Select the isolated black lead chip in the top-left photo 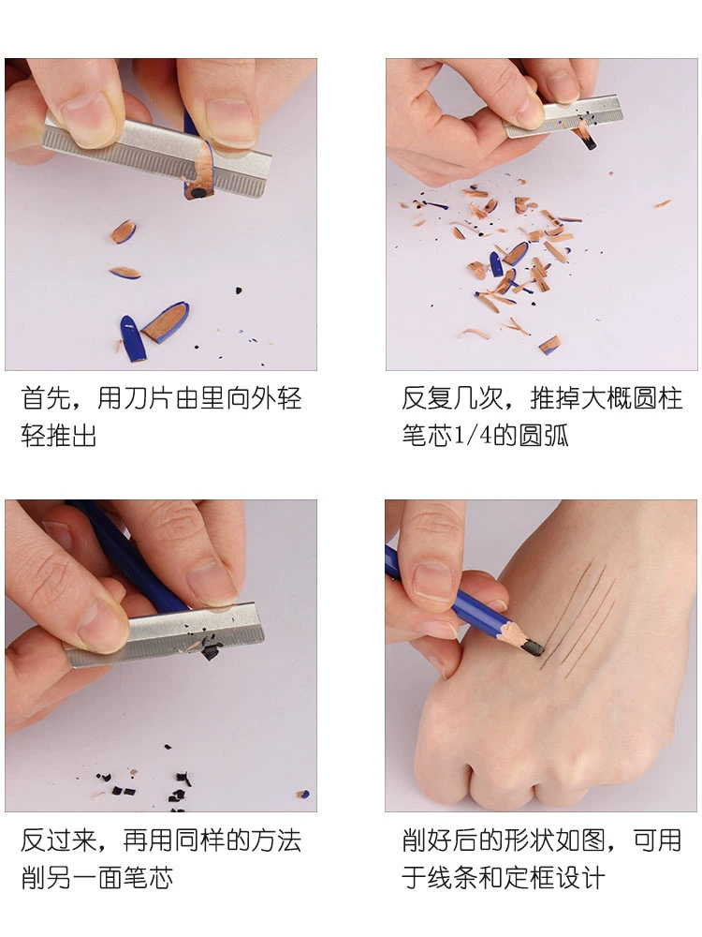tap(239, 291)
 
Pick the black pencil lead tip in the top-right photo tap(588, 141)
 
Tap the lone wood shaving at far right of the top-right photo tap(662, 204)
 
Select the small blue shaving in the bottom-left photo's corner tap(304, 795)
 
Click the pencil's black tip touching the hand tap(534, 647)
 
